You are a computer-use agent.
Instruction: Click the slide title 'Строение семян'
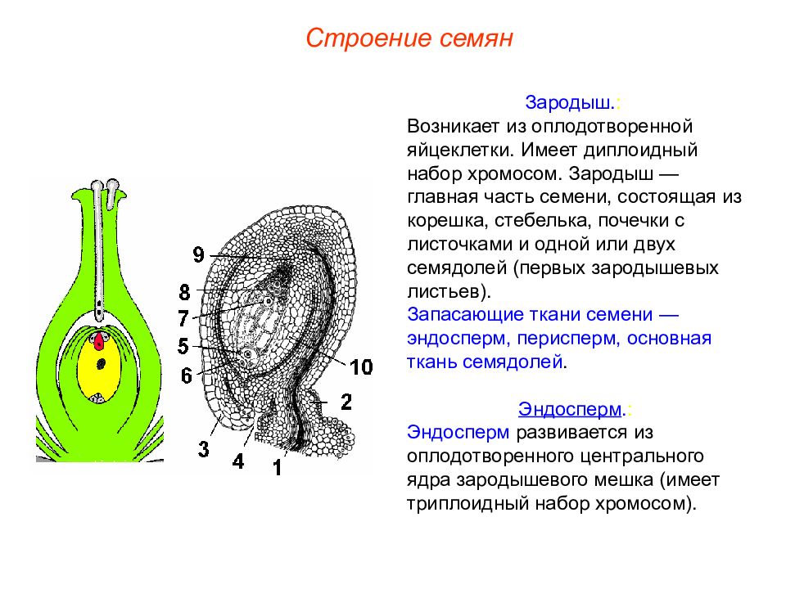tap(409, 38)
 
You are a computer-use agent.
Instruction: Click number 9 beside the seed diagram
tap(198, 255)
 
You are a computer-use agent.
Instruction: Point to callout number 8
tap(184, 292)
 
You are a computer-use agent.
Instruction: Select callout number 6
tap(186, 375)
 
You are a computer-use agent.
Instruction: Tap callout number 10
tap(361, 367)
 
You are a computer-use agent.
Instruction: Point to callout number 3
tap(203, 448)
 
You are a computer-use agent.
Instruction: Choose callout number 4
tap(237, 461)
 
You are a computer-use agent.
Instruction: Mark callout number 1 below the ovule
tap(278, 468)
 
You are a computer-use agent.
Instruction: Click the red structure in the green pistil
tap(99, 340)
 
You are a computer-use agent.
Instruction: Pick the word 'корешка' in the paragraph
tap(443, 221)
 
